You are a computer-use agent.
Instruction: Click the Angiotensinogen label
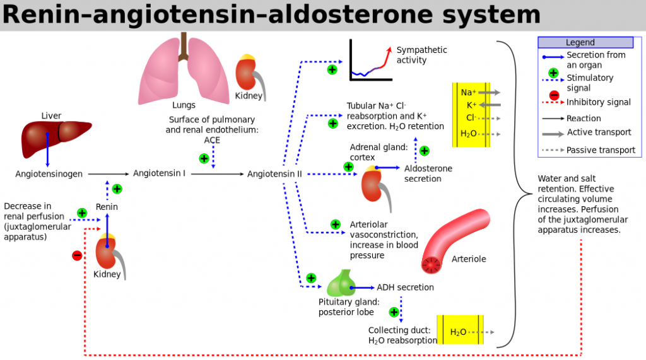point(49,174)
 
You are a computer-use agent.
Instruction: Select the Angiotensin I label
point(159,173)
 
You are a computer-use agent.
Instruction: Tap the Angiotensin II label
point(274,174)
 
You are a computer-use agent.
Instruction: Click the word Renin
point(107,207)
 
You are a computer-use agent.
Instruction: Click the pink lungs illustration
point(184,70)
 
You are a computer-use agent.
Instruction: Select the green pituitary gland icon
point(341,283)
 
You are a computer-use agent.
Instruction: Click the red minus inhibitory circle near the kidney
point(77,256)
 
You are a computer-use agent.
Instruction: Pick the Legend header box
point(585,42)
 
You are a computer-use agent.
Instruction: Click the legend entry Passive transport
point(589,150)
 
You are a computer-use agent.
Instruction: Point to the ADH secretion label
point(405,287)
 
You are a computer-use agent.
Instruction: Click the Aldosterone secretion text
point(428,173)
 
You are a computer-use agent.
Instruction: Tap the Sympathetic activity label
point(421,55)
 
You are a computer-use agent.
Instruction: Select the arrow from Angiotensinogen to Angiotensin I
point(109,174)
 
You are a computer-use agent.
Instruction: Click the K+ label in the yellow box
point(471,105)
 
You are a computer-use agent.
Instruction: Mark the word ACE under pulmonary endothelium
point(212,140)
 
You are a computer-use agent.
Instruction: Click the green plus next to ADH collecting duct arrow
point(394,312)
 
